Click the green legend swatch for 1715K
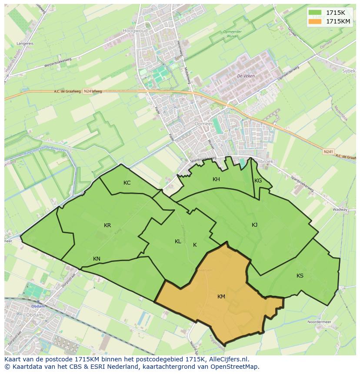coord(315,13)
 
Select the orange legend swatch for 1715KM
coord(315,21)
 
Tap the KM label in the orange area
coord(221,297)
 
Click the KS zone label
coord(300,276)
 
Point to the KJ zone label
coord(254,225)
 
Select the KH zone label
coord(216,179)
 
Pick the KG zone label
coord(258,181)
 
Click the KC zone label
coord(127,183)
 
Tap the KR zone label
coord(107,225)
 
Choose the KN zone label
coord(97,259)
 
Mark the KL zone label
coord(178,242)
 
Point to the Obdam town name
coord(38,306)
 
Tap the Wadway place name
coord(340,209)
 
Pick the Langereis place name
coord(25,44)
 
